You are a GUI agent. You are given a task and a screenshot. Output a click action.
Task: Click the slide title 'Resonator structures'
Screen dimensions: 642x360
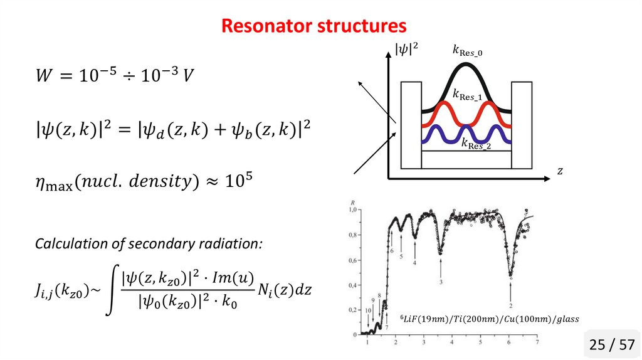coord(314,26)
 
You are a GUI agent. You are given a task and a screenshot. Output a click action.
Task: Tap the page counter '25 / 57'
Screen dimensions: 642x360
coord(611,344)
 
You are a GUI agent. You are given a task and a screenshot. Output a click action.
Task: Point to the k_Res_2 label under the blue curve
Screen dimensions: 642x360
coord(476,144)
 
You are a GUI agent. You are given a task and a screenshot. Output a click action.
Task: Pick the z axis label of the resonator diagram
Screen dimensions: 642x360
coord(560,171)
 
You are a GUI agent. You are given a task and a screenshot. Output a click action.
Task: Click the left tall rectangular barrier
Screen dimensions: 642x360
coord(411,125)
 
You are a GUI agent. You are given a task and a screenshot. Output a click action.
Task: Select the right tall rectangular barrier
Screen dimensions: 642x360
coord(522,125)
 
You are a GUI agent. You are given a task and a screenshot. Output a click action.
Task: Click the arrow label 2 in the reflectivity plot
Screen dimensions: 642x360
coord(512,305)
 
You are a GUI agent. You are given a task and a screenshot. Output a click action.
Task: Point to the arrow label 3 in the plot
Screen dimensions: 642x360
coord(441,282)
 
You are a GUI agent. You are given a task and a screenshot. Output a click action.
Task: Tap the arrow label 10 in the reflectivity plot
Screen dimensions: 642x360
coord(368,310)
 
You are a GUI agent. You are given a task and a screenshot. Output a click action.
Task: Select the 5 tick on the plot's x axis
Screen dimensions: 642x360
coord(480,342)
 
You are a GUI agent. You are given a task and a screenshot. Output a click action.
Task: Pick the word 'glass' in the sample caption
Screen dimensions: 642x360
coord(565,319)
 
